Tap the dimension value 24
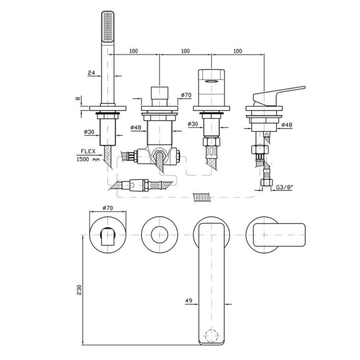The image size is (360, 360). [x=91, y=73]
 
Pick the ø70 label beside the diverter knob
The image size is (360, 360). [x=186, y=96]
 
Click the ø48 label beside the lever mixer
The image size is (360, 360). [x=287, y=125]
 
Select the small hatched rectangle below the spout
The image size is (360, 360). [x=202, y=196]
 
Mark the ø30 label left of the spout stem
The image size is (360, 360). [x=193, y=124]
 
